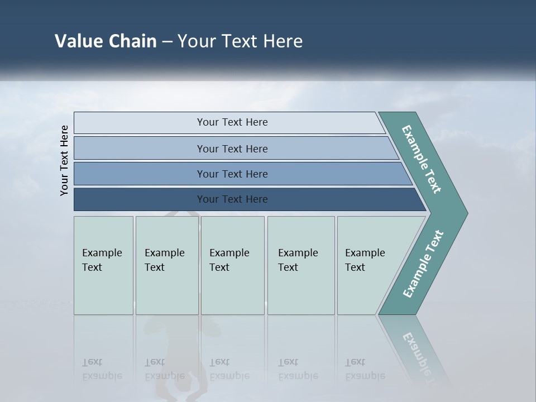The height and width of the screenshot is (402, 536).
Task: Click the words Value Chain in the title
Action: pyautogui.click(x=106, y=41)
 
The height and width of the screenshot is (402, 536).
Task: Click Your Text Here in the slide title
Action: pyautogui.click(x=240, y=41)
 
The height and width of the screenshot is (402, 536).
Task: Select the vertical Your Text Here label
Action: pyautogui.click(x=64, y=160)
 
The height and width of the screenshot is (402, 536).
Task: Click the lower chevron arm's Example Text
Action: pyautogui.click(x=423, y=264)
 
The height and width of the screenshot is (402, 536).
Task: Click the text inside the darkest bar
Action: pyautogui.click(x=232, y=199)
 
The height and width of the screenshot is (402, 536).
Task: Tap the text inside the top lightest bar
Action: pyautogui.click(x=232, y=122)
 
